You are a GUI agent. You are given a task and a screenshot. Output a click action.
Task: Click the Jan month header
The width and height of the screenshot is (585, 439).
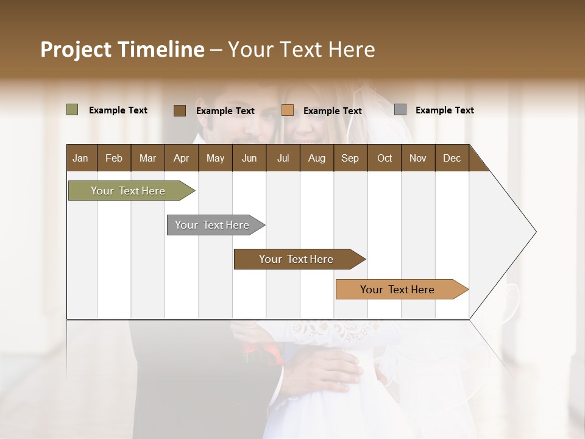(x=81, y=158)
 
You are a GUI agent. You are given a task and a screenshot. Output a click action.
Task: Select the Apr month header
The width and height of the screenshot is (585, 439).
(x=181, y=158)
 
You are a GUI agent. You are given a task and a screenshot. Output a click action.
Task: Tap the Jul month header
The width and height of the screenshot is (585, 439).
(x=283, y=158)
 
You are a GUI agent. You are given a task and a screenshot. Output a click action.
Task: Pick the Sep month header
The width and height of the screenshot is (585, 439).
(x=350, y=158)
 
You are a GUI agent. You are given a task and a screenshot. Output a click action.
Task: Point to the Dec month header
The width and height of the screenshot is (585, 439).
(x=452, y=158)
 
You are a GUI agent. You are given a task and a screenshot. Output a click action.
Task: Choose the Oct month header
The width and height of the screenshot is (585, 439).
(x=385, y=158)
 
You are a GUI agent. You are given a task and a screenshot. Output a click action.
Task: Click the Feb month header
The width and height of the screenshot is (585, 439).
(x=114, y=158)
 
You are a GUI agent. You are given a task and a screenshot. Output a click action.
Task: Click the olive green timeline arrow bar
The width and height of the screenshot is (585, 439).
(x=128, y=191)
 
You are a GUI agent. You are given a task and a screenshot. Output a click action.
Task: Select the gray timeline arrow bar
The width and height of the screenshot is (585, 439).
(x=212, y=225)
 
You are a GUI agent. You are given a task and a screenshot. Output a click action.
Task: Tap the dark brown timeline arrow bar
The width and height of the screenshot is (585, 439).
(x=296, y=259)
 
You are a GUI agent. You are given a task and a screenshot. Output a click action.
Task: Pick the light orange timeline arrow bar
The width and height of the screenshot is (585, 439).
(x=397, y=290)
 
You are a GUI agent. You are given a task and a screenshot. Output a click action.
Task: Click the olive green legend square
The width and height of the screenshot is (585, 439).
(x=72, y=110)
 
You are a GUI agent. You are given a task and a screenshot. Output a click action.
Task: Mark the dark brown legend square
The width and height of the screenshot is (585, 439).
(x=179, y=110)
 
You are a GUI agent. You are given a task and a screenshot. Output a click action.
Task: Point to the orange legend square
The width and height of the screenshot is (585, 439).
(x=288, y=110)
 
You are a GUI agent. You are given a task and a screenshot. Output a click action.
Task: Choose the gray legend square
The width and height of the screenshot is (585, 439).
(x=400, y=110)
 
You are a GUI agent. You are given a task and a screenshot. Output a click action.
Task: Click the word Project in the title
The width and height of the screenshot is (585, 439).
(x=76, y=49)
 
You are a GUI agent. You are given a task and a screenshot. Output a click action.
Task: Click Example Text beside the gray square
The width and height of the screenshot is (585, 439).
(x=444, y=110)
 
